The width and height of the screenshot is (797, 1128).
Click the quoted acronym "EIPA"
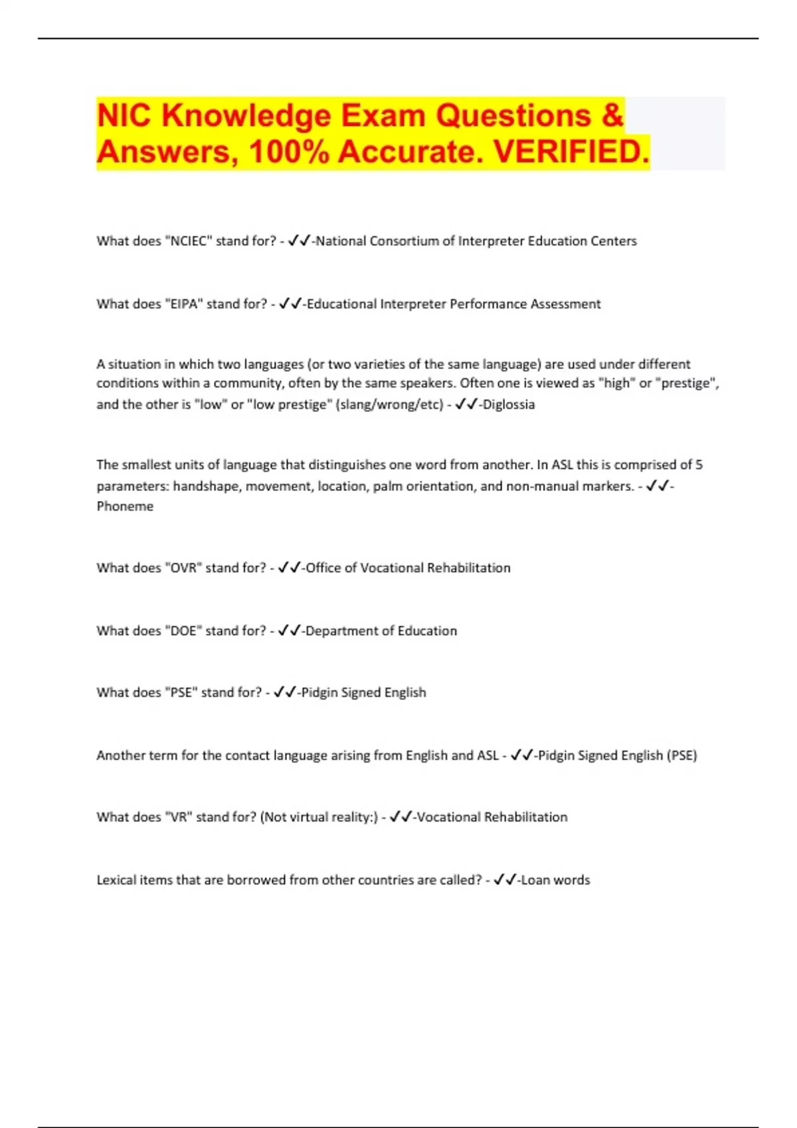(183, 304)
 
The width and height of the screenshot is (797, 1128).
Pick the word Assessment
(565, 304)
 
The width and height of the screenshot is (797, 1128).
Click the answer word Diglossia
(509, 404)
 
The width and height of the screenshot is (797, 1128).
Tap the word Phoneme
(125, 506)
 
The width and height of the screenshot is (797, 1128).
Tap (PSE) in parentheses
(682, 756)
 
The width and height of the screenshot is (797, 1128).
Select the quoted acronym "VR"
(177, 817)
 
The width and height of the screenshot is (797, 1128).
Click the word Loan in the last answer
(535, 881)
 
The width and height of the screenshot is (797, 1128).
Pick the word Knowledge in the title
(246, 115)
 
